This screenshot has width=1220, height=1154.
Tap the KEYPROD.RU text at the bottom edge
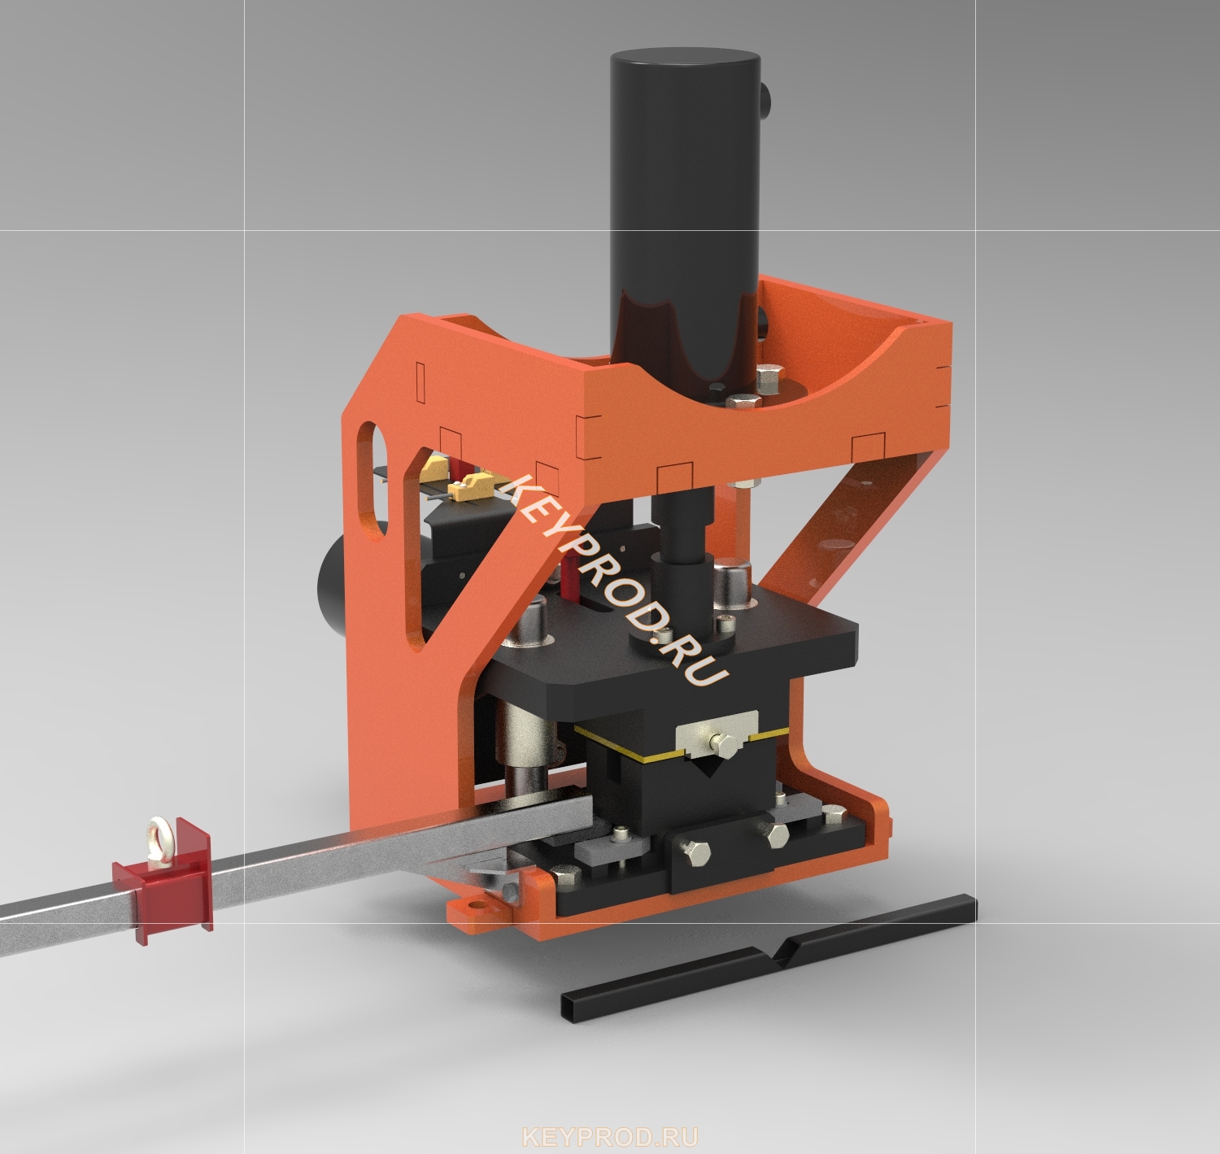click(x=611, y=1137)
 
